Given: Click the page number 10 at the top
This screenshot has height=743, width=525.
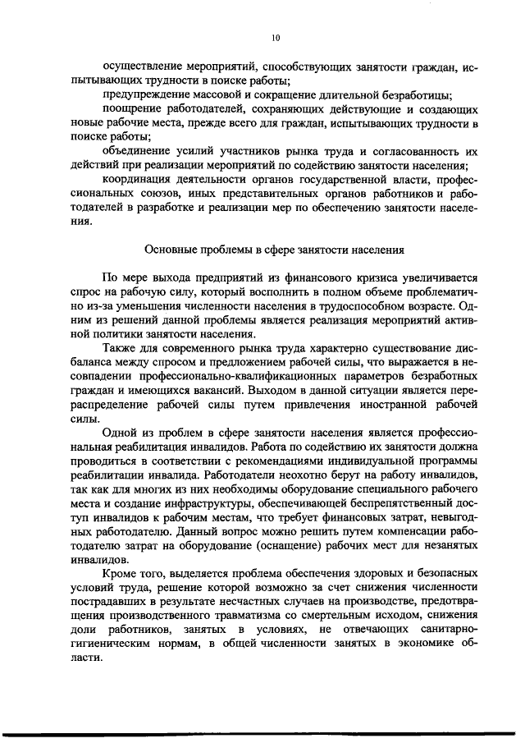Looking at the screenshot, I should [x=275, y=37].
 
